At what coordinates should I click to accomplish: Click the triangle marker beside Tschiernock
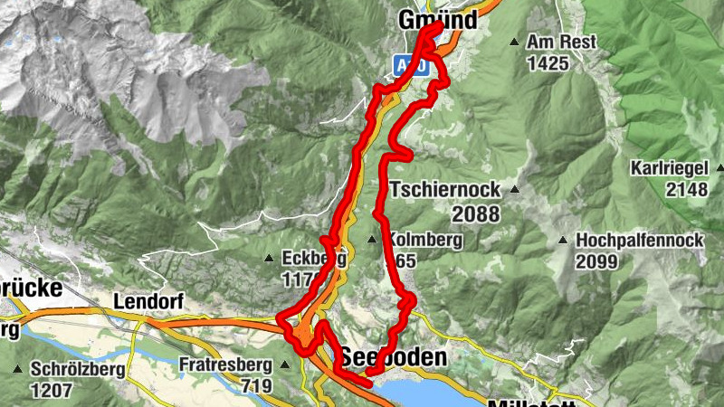point(514,190)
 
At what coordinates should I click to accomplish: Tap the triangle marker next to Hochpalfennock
point(563,241)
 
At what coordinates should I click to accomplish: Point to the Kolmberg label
point(425,241)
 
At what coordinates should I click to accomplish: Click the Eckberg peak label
point(314,259)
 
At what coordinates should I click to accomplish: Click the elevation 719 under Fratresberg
point(257,387)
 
